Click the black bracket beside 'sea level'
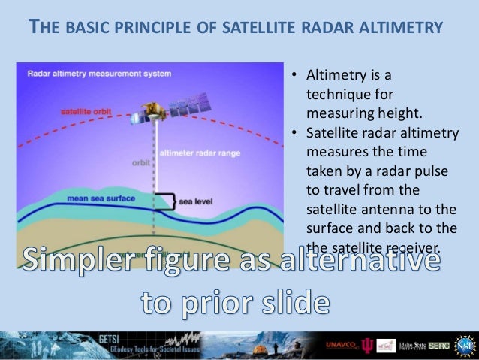click(172, 201)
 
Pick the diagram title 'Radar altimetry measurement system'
click(99, 74)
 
